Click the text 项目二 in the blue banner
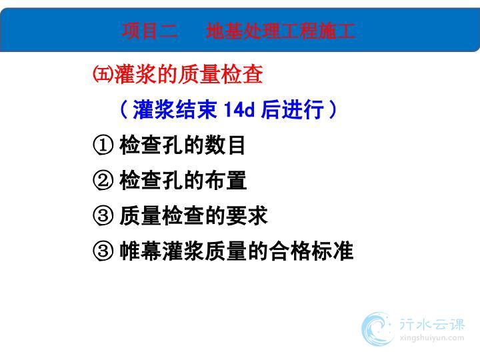(x=150, y=31)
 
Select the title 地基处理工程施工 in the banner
(x=281, y=31)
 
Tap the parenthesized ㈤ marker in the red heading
(x=103, y=74)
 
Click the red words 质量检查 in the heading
(x=221, y=74)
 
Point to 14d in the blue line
(x=239, y=109)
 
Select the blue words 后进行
(x=293, y=109)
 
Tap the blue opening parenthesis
(x=124, y=109)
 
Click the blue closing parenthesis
(x=332, y=109)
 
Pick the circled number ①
(x=103, y=145)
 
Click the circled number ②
(x=103, y=181)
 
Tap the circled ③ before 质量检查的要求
(x=103, y=216)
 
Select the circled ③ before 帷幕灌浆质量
(x=103, y=251)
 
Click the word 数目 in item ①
(x=225, y=145)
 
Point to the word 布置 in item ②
(x=225, y=181)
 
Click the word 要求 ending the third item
(x=247, y=216)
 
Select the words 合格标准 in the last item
(x=311, y=251)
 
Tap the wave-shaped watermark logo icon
(x=377, y=329)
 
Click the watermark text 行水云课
(x=432, y=325)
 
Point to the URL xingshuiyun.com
(x=432, y=338)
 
